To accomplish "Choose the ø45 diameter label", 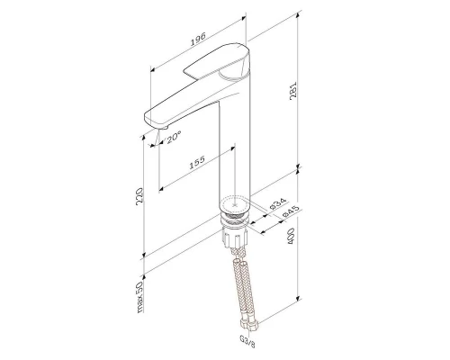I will point(292,213).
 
